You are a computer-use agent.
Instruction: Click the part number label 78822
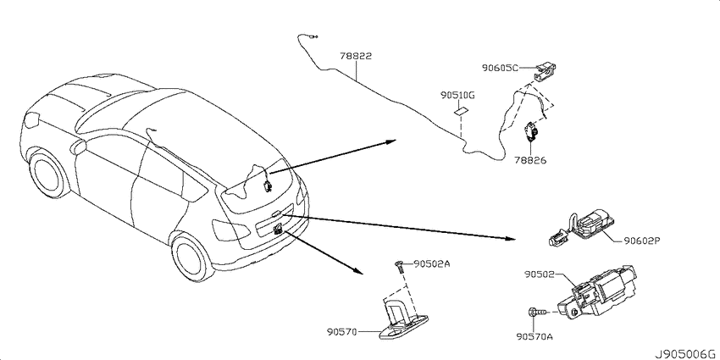tap(356, 57)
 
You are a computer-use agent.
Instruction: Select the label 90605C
tap(500, 68)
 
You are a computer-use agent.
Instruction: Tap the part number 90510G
tap(457, 96)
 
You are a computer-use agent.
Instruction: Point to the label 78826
tap(530, 161)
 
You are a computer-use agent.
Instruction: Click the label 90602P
tap(641, 241)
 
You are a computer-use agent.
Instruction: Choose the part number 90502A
tap(432, 263)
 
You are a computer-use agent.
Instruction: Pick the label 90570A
tap(534, 336)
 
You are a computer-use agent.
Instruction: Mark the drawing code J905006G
tap(685, 354)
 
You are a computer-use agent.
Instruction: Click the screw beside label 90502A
tap(398, 266)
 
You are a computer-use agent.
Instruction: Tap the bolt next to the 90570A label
tap(536, 313)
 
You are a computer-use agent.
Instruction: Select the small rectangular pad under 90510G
tap(461, 111)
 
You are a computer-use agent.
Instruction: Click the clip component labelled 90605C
tap(545, 69)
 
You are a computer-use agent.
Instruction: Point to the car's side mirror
tap(78, 146)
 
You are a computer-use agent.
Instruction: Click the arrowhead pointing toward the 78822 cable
tap(390, 141)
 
